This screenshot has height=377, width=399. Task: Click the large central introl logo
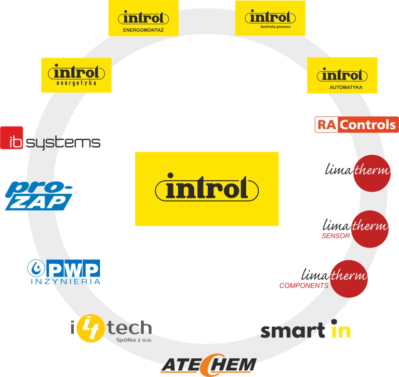(207, 188)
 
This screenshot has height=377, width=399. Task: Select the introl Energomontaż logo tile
(143, 18)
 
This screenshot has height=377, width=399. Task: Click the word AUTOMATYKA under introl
(341, 87)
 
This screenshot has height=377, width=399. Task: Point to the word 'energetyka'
(76, 83)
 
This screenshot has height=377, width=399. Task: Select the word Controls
(368, 125)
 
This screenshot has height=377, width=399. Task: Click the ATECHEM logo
(208, 365)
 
